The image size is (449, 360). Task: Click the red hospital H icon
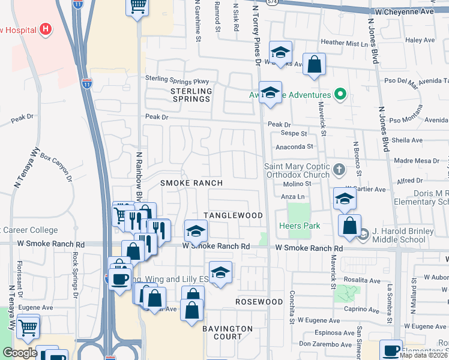[44, 29]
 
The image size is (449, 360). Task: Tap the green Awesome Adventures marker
[340, 94]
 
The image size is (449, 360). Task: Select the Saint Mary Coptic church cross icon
[339, 170]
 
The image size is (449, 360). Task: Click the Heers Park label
[300, 226]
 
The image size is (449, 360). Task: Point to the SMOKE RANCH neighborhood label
[191, 182]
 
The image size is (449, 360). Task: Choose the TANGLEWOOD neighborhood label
[234, 215]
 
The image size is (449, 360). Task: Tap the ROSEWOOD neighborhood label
[259, 301]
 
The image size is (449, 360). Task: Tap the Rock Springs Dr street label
[75, 274]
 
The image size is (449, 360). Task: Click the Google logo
[19, 353]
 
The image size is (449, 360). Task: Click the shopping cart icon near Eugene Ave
[28, 326]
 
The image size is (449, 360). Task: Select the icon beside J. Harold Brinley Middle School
[362, 237]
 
